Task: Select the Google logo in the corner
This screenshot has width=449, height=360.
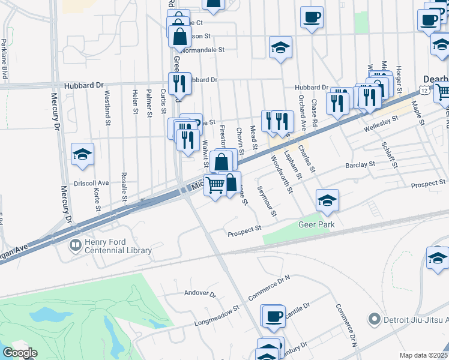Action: click(20, 353)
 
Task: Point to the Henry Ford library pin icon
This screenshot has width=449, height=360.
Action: click(75, 245)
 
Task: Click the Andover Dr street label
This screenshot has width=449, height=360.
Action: click(200, 294)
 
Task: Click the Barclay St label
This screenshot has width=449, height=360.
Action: click(360, 163)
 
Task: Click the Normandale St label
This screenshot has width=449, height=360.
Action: click(203, 50)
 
